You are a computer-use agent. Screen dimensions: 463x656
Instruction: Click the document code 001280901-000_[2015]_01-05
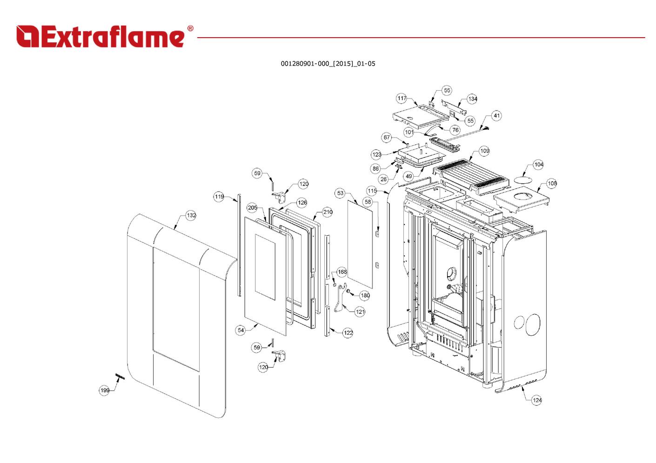pos(328,64)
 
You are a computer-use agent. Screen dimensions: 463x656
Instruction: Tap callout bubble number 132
pos(191,215)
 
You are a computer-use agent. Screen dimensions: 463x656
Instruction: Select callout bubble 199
pos(105,390)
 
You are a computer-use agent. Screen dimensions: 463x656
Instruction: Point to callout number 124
pos(537,400)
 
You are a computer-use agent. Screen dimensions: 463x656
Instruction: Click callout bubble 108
pos(552,183)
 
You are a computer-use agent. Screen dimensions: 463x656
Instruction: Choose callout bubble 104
pos(538,165)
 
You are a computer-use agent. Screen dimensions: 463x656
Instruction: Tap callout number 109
pos(484,151)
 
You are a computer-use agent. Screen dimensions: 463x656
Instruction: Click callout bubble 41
pos(497,116)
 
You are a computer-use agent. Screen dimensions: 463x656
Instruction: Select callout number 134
pos(472,99)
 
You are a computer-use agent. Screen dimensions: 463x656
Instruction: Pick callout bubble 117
pos(402,98)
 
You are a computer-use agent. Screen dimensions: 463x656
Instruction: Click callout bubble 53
pos(340,193)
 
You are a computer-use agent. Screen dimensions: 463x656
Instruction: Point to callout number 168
pos(342,272)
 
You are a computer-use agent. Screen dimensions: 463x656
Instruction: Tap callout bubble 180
pos(365,295)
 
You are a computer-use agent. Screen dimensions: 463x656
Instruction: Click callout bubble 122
pos(348,333)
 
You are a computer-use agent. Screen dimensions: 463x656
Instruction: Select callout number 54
pos(241,330)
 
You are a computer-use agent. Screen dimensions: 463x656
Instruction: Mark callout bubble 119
pos(219,197)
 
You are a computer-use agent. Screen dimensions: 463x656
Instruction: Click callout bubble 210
pos(328,212)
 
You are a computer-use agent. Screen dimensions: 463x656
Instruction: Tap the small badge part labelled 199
pos(120,376)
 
